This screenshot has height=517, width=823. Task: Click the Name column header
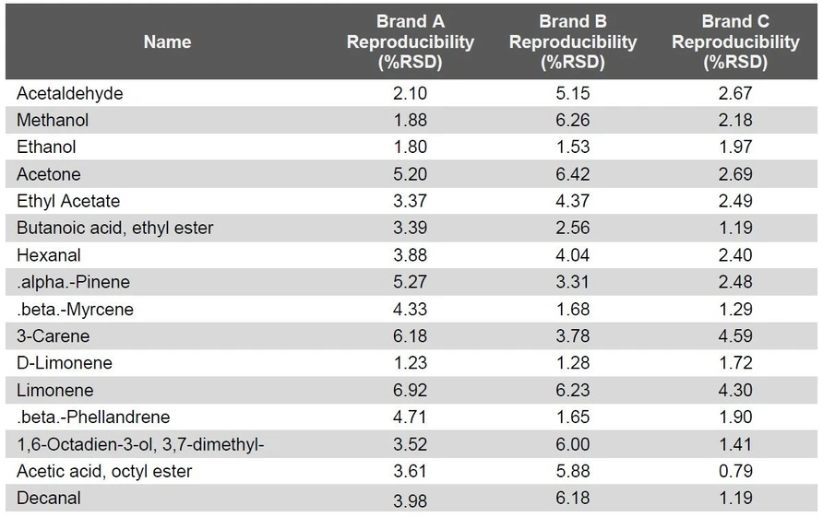tap(167, 41)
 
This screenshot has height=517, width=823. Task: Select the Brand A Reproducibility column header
tap(410, 41)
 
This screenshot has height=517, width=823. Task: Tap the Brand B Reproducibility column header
tap(572, 41)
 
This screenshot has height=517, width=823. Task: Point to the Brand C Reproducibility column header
tap(735, 41)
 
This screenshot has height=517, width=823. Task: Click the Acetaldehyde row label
tap(70, 93)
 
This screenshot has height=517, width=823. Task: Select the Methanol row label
tap(53, 120)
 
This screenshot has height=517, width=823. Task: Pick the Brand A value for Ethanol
tap(410, 147)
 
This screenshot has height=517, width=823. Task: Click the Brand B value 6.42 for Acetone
tap(572, 174)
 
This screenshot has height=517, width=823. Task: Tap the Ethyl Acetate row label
tap(68, 201)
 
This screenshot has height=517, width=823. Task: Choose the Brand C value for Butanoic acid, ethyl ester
tap(735, 228)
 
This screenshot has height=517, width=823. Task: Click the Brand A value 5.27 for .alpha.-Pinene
tap(410, 282)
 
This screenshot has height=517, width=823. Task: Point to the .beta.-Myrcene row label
tap(75, 310)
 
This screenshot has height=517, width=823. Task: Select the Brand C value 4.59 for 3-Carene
tap(735, 336)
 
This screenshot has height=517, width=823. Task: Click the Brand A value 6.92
tap(410, 391)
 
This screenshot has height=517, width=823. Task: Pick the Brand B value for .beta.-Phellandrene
tap(572, 417)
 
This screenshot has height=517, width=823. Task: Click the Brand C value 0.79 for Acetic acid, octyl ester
tap(735, 472)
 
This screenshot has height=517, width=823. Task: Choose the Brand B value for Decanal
tap(572, 499)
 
